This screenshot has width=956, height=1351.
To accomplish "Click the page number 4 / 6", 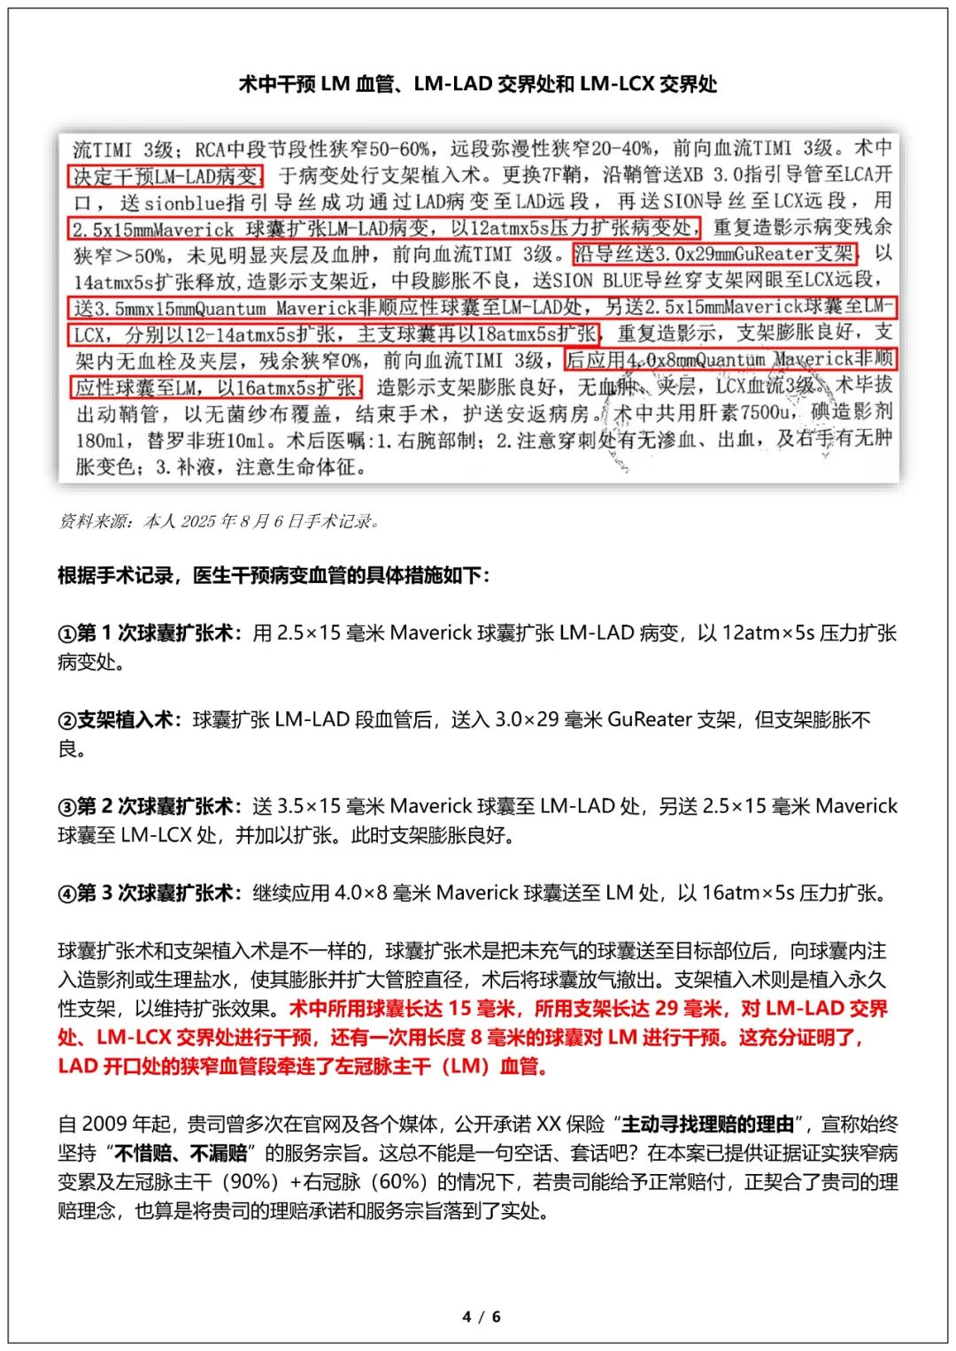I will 481,1316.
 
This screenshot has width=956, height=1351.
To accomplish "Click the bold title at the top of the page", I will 478,84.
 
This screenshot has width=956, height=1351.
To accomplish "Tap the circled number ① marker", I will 67,633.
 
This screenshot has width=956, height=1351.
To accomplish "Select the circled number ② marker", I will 67,720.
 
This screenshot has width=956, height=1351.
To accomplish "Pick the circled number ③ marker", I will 67,807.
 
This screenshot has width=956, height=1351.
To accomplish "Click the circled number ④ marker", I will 67,894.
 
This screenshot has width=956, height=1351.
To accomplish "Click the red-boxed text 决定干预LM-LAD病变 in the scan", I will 166,176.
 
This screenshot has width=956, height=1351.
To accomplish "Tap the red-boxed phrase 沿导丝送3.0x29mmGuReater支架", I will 714,255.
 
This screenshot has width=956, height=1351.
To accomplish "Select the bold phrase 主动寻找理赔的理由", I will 708,1125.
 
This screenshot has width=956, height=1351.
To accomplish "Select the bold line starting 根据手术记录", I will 274,576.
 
